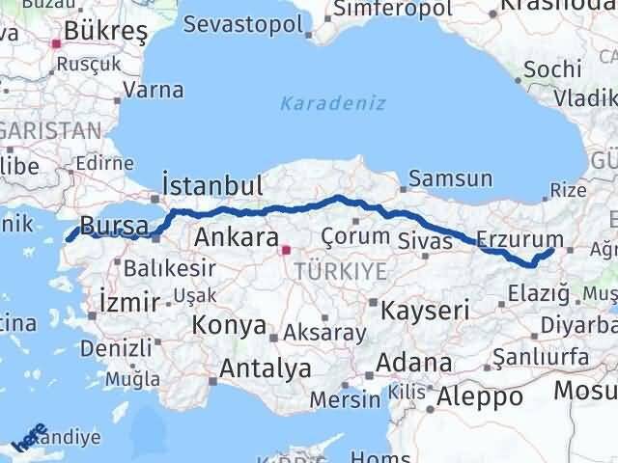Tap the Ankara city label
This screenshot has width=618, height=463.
(x=233, y=236)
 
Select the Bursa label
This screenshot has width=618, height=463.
(x=114, y=226)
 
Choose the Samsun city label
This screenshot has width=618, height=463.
(x=450, y=179)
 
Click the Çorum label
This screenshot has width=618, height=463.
(x=355, y=236)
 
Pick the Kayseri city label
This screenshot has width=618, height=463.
(x=425, y=311)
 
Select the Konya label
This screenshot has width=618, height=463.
(x=228, y=325)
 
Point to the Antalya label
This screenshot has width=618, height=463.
(x=266, y=368)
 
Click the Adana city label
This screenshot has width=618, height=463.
(x=415, y=364)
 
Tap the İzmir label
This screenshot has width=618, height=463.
(x=129, y=303)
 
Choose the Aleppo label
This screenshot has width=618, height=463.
(x=480, y=396)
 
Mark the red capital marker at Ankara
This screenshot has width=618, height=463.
(x=285, y=250)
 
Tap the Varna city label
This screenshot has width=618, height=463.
(x=154, y=91)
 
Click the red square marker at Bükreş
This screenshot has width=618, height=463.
(x=56, y=42)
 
